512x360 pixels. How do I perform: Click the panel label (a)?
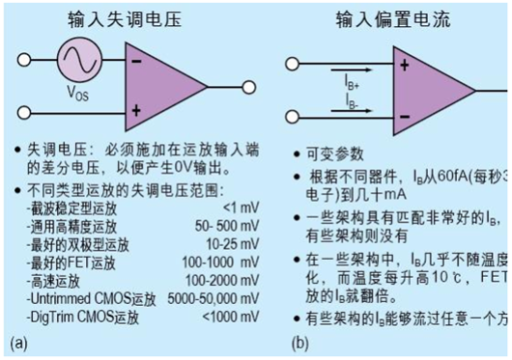pyautogui.click(x=16, y=343)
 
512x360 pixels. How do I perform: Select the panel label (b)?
pyautogui.click(x=303, y=343)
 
